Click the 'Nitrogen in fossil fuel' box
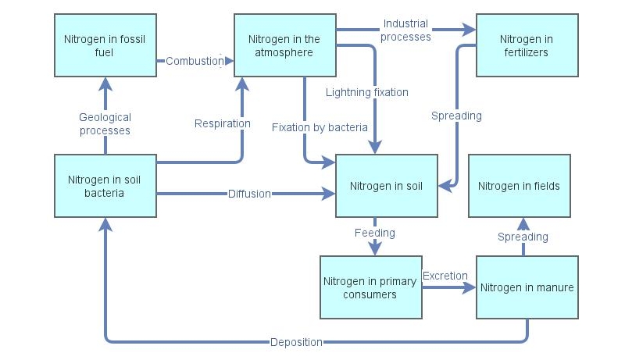[x=105, y=45]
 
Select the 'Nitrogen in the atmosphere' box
[x=284, y=45]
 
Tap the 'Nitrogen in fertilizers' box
[x=527, y=45]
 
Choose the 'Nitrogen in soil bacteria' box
[x=105, y=186]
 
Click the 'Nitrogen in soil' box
[x=386, y=186]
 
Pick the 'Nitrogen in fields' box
[x=519, y=186]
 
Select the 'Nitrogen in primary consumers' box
[x=371, y=287]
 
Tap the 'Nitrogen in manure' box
[x=527, y=287]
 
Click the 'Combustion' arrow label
[x=195, y=61]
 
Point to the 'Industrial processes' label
[x=405, y=30]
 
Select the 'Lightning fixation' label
[x=367, y=92]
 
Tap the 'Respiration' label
[x=223, y=123]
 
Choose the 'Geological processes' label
[x=105, y=123]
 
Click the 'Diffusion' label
[x=249, y=194]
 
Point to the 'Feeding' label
[x=374, y=233]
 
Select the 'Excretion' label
[x=445, y=276]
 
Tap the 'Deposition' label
[x=296, y=342]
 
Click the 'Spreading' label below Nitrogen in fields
[x=523, y=237]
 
